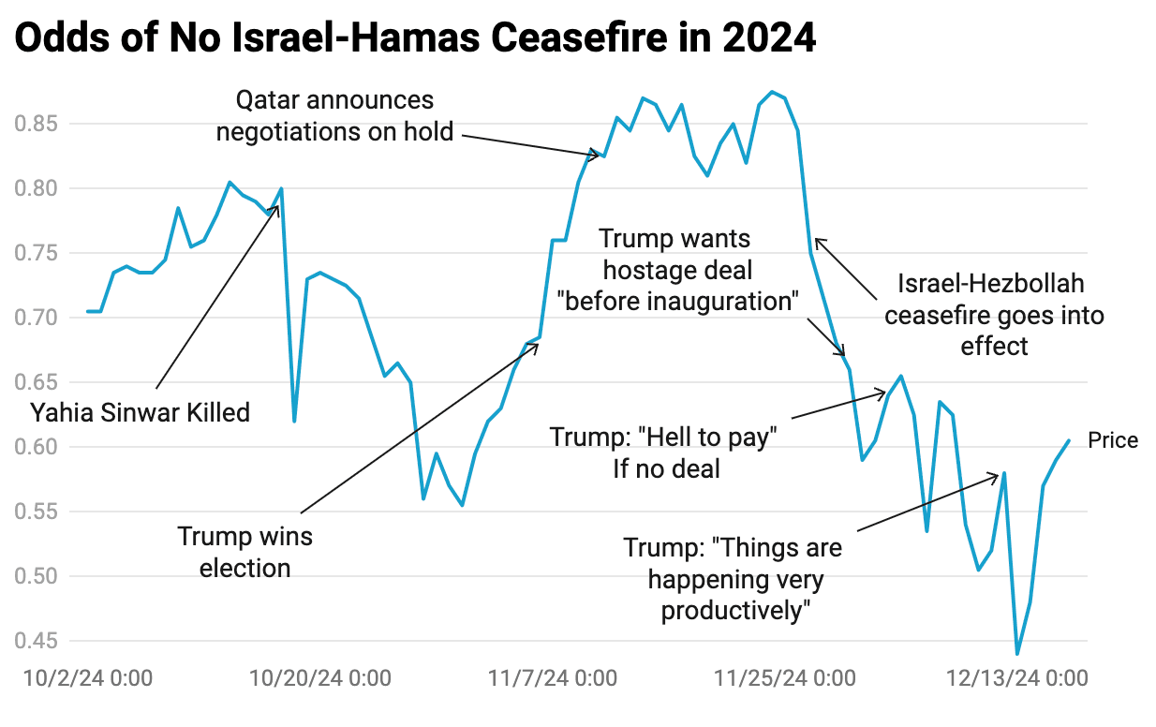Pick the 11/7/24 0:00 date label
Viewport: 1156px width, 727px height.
[553, 677]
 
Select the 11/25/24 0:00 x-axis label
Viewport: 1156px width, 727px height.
[785, 677]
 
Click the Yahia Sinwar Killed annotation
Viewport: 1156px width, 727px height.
[140, 411]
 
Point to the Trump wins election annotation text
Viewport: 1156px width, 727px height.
[245, 552]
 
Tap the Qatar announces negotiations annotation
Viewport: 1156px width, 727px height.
[334, 115]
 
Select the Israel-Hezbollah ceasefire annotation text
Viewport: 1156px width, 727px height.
[994, 315]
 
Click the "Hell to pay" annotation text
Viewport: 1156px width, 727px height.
[664, 452]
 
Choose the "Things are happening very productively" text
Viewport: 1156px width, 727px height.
[734, 579]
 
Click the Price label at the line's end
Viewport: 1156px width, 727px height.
[1113, 440]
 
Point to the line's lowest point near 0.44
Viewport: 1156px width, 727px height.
[1016, 653]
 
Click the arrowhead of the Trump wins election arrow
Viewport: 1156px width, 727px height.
[538, 346]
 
